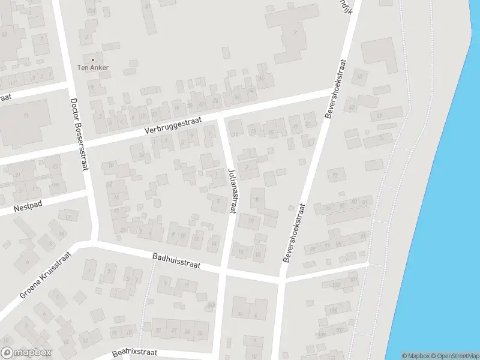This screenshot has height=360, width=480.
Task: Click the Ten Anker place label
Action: [x=93, y=68]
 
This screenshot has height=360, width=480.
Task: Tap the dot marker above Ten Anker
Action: [x=93, y=60]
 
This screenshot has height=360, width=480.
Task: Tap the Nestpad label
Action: [x=27, y=208]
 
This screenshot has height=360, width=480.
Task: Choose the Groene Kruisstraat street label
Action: [x=45, y=275]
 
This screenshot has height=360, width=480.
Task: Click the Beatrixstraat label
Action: [x=134, y=353]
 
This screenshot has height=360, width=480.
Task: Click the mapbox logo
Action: [x=26, y=353]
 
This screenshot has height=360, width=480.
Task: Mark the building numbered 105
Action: [x=334, y=310]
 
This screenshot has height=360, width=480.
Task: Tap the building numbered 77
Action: [x=335, y=175]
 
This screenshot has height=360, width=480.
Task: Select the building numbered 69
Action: [x=379, y=115]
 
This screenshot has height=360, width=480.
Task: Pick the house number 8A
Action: [x=211, y=305]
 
